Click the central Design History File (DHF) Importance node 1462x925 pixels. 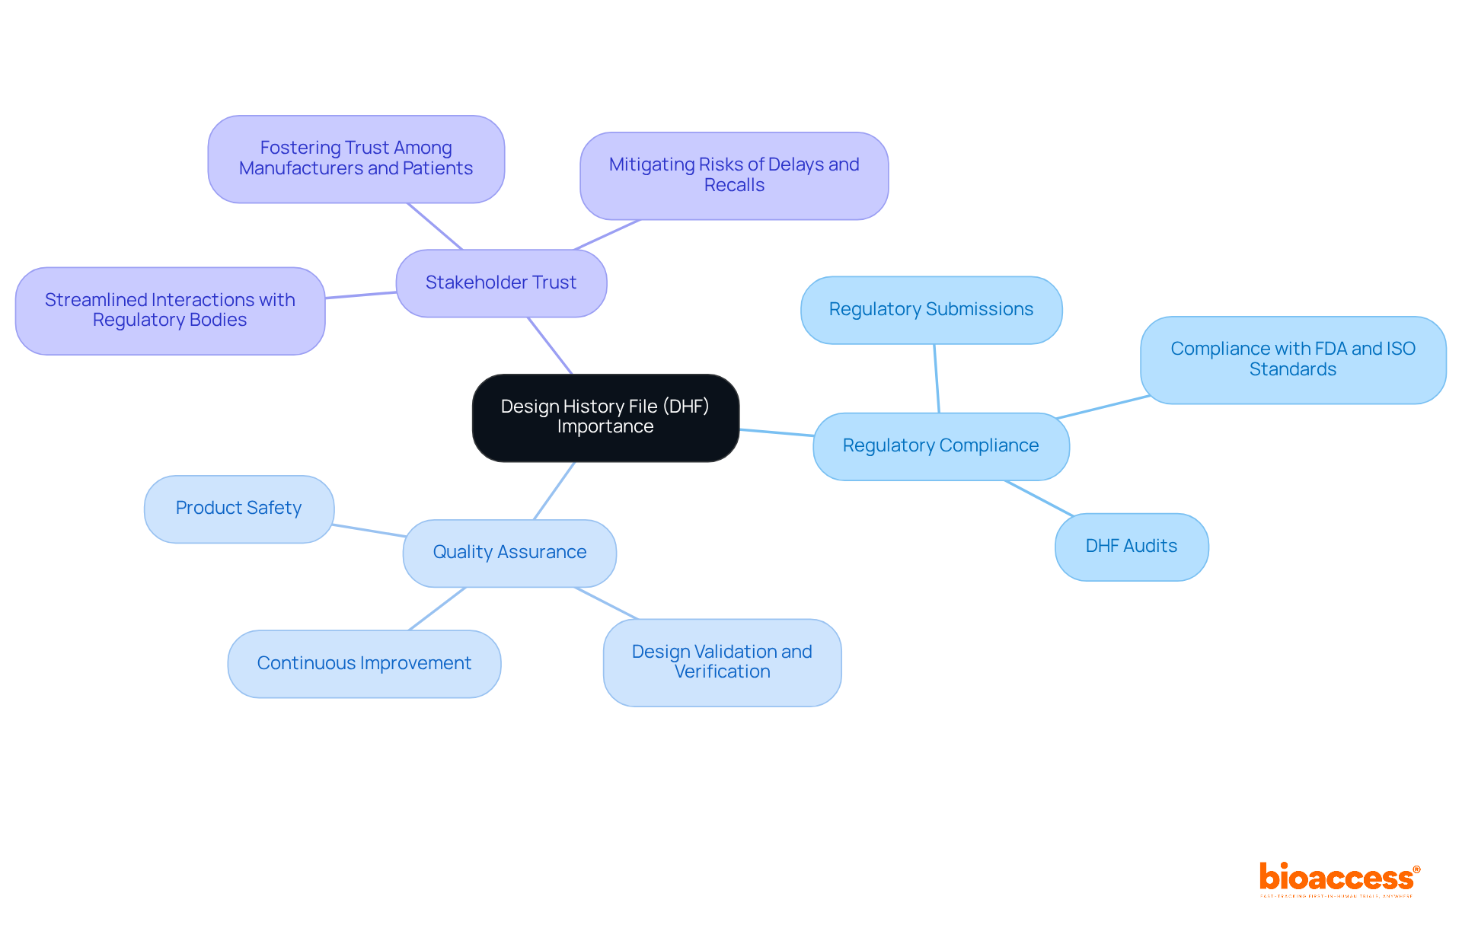(605, 417)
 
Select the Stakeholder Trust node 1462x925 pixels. (501, 282)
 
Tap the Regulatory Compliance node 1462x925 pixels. (940, 446)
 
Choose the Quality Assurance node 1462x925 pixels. (509, 553)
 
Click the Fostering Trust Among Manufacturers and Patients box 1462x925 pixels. (356, 158)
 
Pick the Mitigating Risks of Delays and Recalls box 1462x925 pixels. (734, 175)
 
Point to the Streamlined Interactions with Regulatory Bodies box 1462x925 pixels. (170, 311)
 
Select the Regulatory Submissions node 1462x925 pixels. (931, 310)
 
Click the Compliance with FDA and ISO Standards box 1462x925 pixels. (1292, 359)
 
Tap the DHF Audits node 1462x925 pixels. (1131, 547)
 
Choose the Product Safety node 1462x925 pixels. (238, 509)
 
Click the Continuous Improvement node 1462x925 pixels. (364, 663)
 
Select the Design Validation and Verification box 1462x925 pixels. (722, 662)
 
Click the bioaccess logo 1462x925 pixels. (1339, 879)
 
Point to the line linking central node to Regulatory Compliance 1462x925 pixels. (777, 432)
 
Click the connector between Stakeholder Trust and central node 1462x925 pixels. (550, 346)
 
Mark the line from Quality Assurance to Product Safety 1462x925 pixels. (369, 531)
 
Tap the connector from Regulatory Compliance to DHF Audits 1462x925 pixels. (1039, 498)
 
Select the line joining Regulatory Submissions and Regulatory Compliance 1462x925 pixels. (937, 378)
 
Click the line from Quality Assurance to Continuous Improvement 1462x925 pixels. (437, 608)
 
